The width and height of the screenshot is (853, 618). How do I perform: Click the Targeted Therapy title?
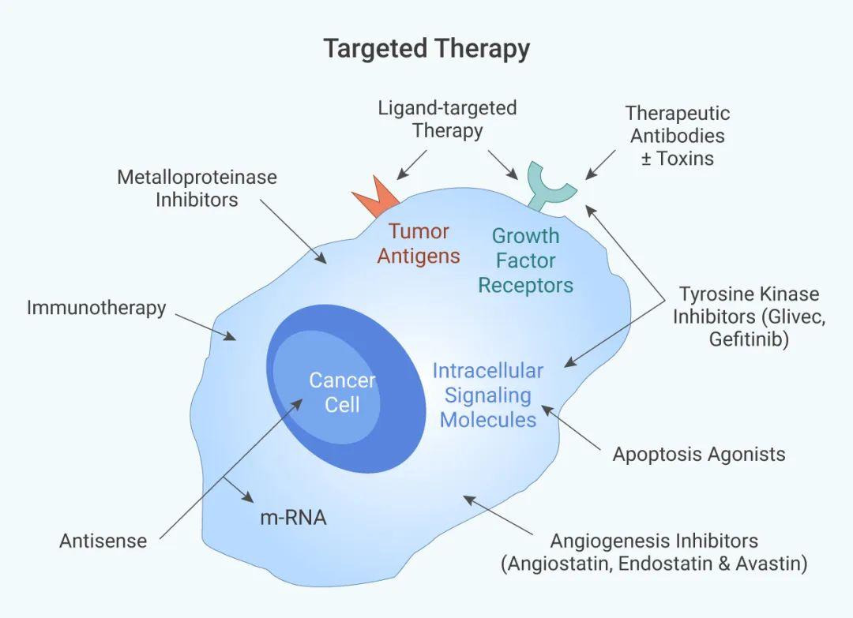[426, 49]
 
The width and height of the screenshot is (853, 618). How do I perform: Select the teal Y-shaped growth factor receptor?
[550, 185]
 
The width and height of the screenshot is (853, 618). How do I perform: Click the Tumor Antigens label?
[419, 244]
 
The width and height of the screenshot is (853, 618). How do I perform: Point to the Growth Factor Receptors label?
[525, 260]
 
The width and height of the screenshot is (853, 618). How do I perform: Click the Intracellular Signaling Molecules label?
[488, 395]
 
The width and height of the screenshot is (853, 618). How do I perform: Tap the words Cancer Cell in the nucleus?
[342, 392]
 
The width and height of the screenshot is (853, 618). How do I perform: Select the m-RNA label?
[293, 517]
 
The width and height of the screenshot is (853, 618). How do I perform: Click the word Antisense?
[103, 541]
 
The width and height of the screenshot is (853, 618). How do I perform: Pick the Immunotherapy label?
[96, 308]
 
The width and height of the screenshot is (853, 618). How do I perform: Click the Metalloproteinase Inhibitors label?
[197, 188]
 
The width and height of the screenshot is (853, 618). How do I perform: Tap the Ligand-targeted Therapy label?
[447, 119]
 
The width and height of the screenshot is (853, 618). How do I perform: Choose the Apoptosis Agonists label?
[699, 454]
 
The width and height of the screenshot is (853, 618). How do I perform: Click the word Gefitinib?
[749, 339]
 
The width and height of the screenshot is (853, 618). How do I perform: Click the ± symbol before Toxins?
[646, 158]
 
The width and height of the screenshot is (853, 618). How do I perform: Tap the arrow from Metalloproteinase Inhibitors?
[293, 231]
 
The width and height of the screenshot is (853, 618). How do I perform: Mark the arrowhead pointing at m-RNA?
[248, 496]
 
